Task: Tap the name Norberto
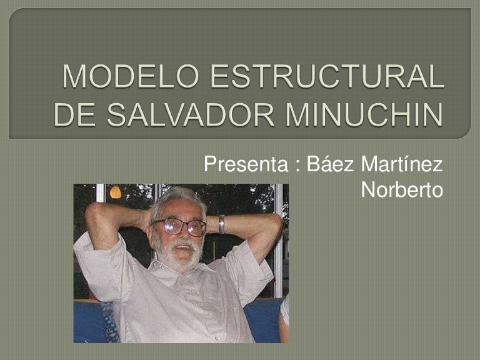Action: click(x=402, y=190)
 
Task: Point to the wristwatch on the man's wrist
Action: click(x=222, y=224)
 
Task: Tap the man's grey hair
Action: click(x=179, y=197)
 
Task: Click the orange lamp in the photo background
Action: click(x=116, y=192)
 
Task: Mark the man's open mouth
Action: click(x=182, y=247)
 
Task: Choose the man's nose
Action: click(x=181, y=235)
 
